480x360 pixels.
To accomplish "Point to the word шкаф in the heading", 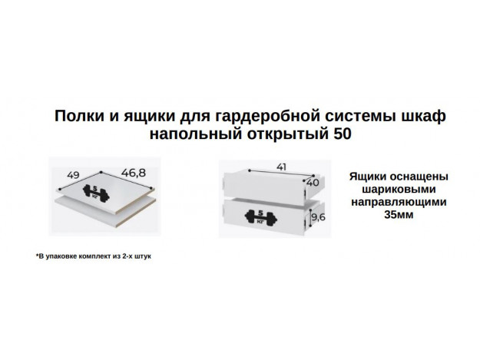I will [x=422, y=115].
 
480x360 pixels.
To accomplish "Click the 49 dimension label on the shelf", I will [x=74, y=174].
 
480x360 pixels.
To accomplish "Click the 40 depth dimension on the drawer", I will [x=313, y=183].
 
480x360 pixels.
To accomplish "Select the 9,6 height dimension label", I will [x=317, y=217].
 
